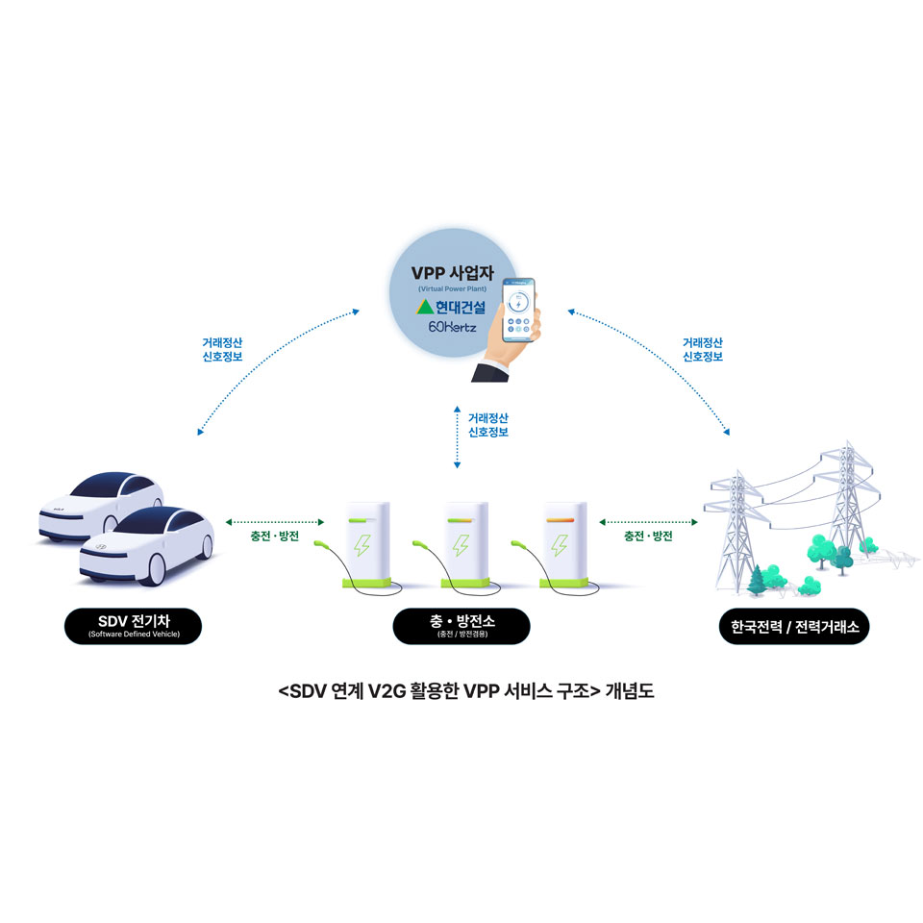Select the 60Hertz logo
tap(452, 328)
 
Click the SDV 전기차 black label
tap(134, 626)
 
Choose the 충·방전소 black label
tap(461, 626)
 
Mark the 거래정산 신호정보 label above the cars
tap(222, 348)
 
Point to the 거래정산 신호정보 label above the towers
tap(703, 348)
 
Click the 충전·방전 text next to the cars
tap(275, 536)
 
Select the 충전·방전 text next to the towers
tap(648, 536)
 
